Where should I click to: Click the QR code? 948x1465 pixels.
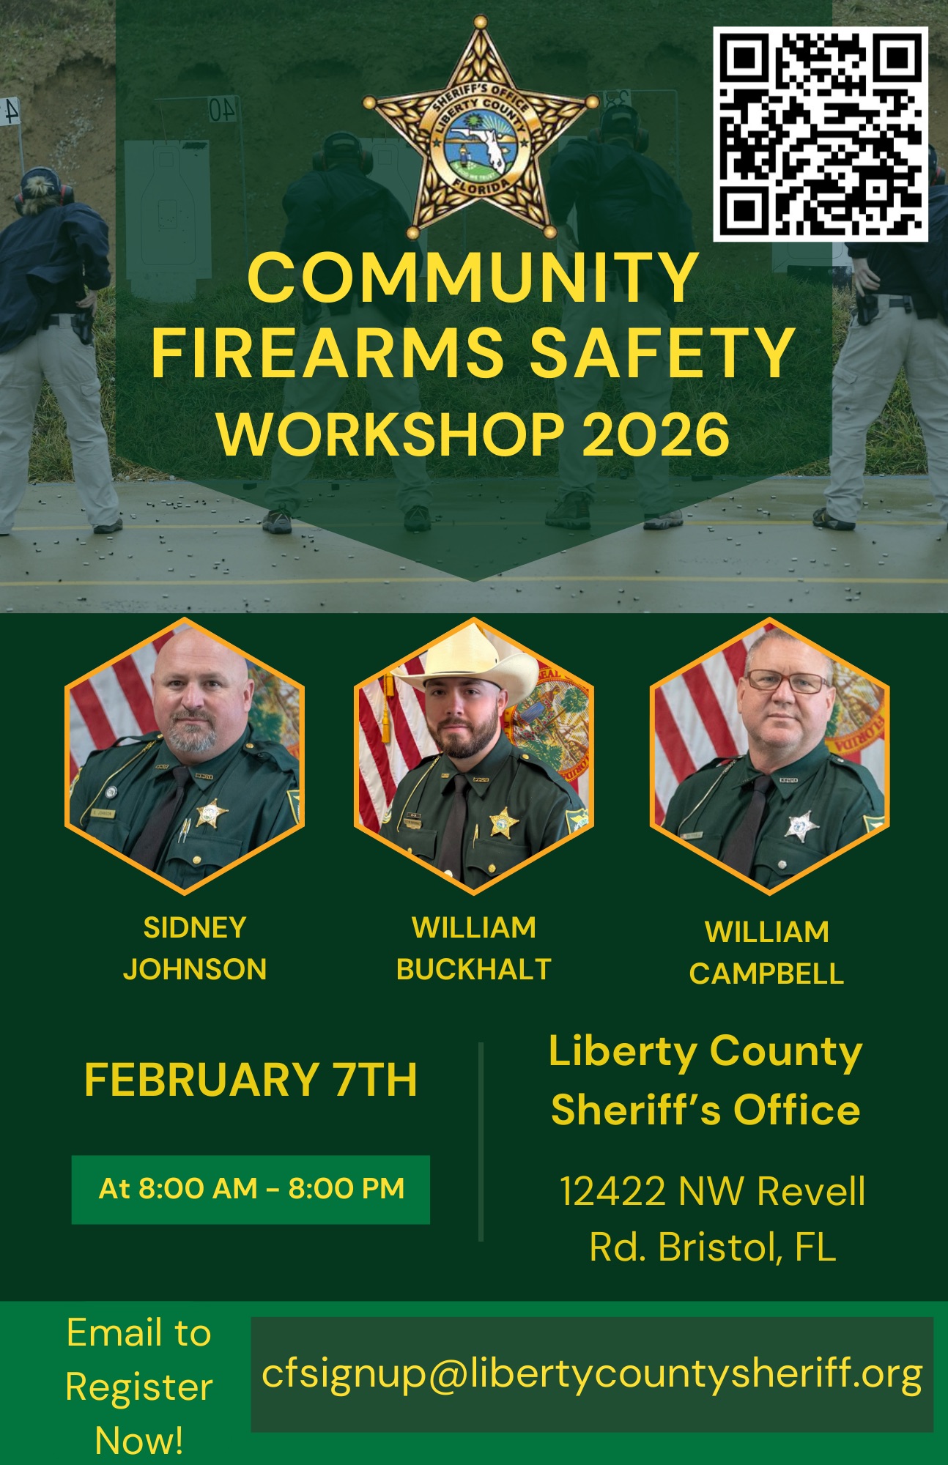click(x=821, y=134)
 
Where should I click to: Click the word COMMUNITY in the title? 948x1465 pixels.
click(x=473, y=278)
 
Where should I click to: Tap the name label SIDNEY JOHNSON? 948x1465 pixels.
click(x=195, y=949)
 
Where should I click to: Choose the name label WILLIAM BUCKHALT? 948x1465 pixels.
click(x=473, y=949)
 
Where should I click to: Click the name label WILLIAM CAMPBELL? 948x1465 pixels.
click(x=766, y=953)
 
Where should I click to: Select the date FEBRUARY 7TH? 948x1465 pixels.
click(x=251, y=1080)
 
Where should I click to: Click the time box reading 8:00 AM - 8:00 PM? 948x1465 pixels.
click(x=251, y=1190)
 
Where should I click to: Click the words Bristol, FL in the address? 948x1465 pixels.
click(x=747, y=1247)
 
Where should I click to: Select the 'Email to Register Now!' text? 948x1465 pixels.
click(x=139, y=1386)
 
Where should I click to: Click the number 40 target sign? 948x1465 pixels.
click(x=223, y=108)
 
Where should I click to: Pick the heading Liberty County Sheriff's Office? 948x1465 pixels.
click(x=706, y=1080)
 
